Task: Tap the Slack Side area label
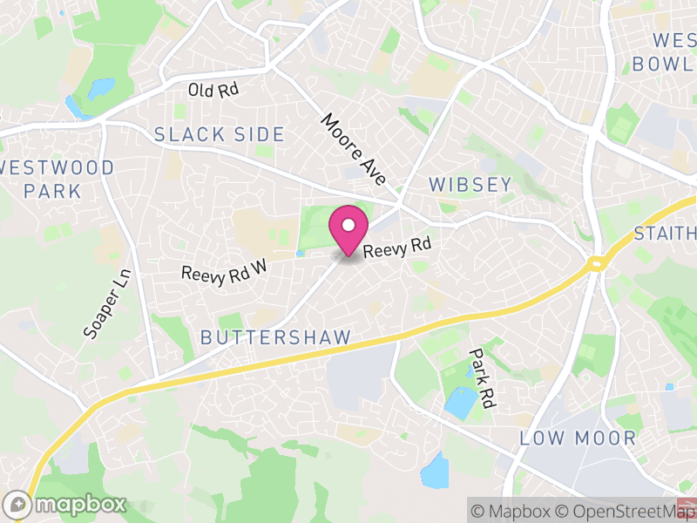coord(220,134)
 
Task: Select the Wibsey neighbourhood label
coord(470,185)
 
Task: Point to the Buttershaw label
coord(275,337)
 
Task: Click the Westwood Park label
coord(58,179)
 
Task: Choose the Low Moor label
coord(578,438)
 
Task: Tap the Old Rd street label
coord(213,89)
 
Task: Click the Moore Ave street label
coord(353,149)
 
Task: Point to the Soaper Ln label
coord(105,303)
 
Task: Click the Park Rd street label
coord(481,378)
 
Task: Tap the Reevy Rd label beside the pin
coord(397,248)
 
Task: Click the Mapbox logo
coord(65,504)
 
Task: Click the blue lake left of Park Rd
coord(460,402)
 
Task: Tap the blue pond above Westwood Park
coord(101,88)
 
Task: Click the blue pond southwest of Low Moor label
coord(434,472)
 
